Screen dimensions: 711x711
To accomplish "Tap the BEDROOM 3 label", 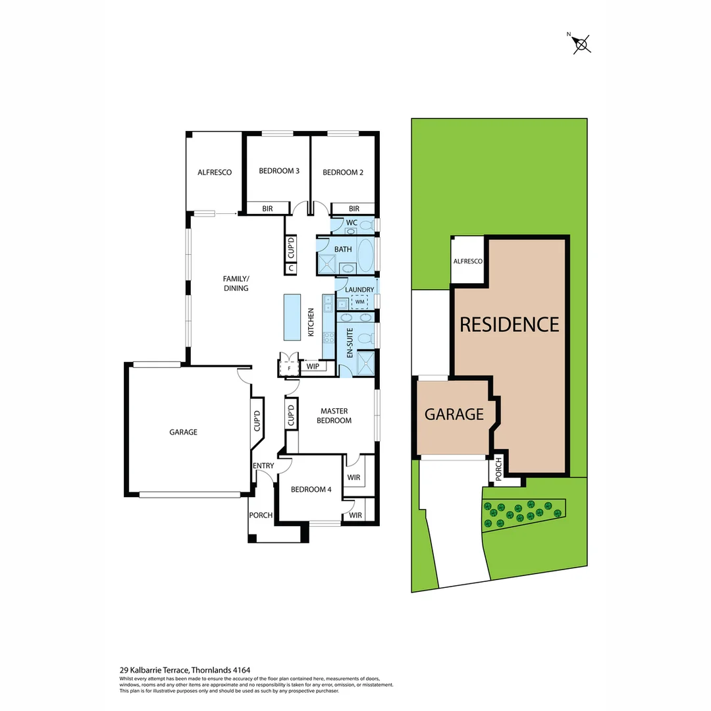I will [x=279, y=171].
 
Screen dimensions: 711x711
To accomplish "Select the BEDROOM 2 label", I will [x=343, y=172].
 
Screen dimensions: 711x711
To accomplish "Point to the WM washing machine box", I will [x=359, y=302].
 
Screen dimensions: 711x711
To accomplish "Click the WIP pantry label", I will [x=313, y=365].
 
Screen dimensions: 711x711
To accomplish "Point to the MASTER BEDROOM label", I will [x=334, y=415].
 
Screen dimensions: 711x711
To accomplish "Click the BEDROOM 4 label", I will [x=311, y=490].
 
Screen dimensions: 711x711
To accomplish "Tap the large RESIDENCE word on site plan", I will [x=509, y=325].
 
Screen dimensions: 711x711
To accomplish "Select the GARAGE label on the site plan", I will [x=454, y=414].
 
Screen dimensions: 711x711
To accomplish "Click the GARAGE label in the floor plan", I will [x=183, y=432].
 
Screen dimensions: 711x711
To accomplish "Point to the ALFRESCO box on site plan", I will [x=467, y=261].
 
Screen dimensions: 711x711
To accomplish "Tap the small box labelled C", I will [x=291, y=269].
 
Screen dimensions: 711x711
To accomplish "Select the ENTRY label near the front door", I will [x=263, y=466].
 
